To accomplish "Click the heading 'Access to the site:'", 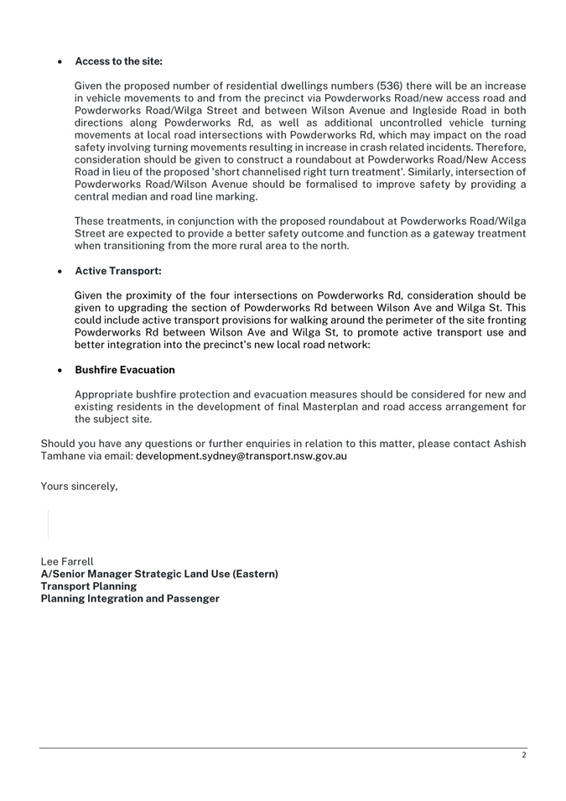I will tap(118, 62).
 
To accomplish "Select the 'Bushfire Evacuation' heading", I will tap(125, 370).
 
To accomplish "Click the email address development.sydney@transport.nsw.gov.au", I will tap(241, 456).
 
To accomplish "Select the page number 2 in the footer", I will tap(523, 756).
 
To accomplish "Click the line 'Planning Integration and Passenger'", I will tap(130, 599).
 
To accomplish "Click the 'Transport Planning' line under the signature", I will tap(89, 586).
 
